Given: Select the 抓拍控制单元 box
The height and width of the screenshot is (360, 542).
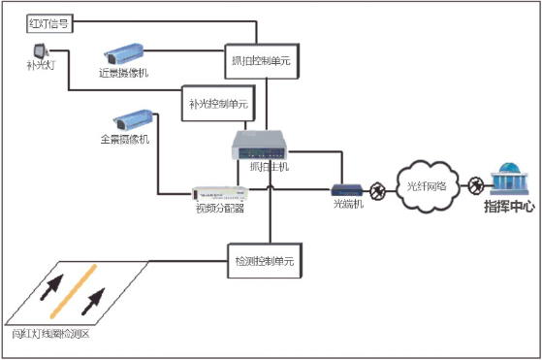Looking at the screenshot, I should [x=257, y=59].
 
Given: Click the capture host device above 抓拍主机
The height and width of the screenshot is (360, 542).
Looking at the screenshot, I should [x=263, y=147].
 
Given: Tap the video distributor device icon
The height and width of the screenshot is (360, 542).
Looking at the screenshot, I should [x=218, y=193].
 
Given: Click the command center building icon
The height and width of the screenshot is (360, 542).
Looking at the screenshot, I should [x=508, y=180].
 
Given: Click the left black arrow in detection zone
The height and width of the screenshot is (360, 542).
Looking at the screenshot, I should [x=54, y=288].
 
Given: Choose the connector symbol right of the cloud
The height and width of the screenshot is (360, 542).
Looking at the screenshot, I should [x=475, y=183].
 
